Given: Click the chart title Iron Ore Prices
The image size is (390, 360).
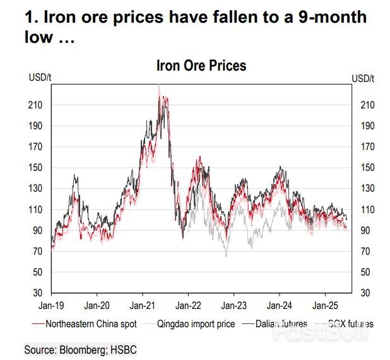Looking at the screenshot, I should [201, 66].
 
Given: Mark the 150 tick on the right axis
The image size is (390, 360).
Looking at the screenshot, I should [366, 168].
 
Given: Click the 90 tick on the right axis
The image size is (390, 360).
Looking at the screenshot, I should [364, 231].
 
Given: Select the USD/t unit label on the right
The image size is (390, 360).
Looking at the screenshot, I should [363, 78].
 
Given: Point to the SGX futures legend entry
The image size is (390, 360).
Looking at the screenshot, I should [351, 324].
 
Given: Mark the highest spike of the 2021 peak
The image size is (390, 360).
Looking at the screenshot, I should [159, 86].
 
